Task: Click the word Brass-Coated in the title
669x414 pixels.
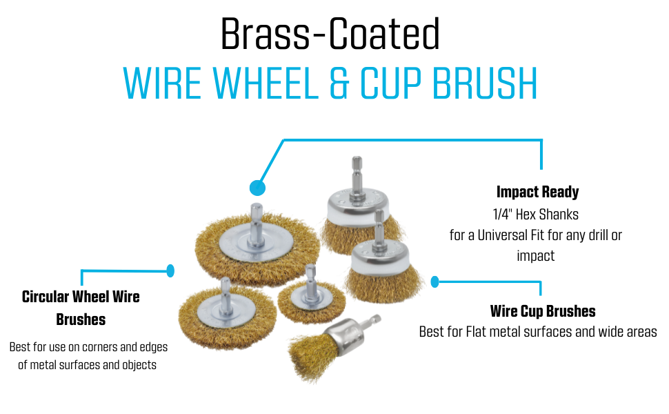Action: click(330, 34)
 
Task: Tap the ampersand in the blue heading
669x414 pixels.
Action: click(339, 83)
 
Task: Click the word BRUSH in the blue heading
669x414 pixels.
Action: click(485, 83)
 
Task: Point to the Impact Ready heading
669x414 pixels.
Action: click(537, 192)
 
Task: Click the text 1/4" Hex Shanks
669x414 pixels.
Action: click(535, 214)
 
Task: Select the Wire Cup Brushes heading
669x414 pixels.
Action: click(543, 310)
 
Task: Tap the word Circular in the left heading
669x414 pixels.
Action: click(46, 296)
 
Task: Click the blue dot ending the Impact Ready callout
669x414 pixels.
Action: click(257, 188)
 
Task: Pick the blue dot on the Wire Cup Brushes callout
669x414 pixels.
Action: click(435, 282)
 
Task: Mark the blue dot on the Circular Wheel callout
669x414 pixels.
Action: click(170, 270)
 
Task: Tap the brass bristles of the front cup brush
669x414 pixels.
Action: click(383, 282)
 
